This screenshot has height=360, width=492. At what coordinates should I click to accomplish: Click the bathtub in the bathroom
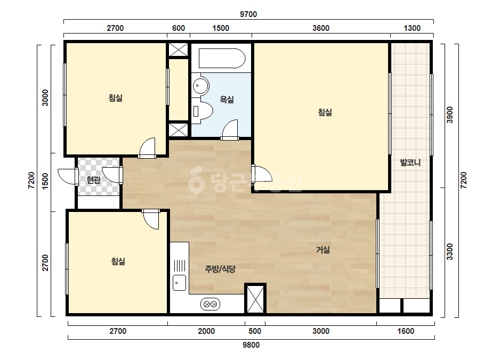[222, 58]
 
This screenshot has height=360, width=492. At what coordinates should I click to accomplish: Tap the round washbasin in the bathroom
[200, 85]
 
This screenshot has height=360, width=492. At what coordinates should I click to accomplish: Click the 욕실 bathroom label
[227, 100]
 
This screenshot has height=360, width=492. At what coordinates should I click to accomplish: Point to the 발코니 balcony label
[410, 162]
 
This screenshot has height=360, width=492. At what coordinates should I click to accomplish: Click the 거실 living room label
[323, 250]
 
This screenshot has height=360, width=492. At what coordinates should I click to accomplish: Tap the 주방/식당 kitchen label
[220, 269]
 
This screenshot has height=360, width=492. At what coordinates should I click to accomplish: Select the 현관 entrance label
[94, 179]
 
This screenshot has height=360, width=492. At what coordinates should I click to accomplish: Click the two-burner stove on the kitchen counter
[210, 304]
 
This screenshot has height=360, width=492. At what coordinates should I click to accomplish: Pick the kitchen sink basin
[180, 283]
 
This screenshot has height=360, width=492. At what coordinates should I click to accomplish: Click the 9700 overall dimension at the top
[248, 14]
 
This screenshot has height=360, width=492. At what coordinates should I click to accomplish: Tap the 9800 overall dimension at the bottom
[251, 345]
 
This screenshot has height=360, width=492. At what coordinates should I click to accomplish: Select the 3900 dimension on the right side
[450, 115]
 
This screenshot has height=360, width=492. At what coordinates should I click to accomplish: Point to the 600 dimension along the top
[179, 28]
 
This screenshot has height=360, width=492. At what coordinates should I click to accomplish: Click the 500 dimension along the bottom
[255, 331]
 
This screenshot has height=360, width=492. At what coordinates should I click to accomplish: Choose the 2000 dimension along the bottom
[206, 331]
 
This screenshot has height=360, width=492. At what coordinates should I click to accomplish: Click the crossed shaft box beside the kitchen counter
[255, 299]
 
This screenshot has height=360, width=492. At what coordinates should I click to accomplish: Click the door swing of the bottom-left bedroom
[151, 221]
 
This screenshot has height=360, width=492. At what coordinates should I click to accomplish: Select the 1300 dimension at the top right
[412, 28]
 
